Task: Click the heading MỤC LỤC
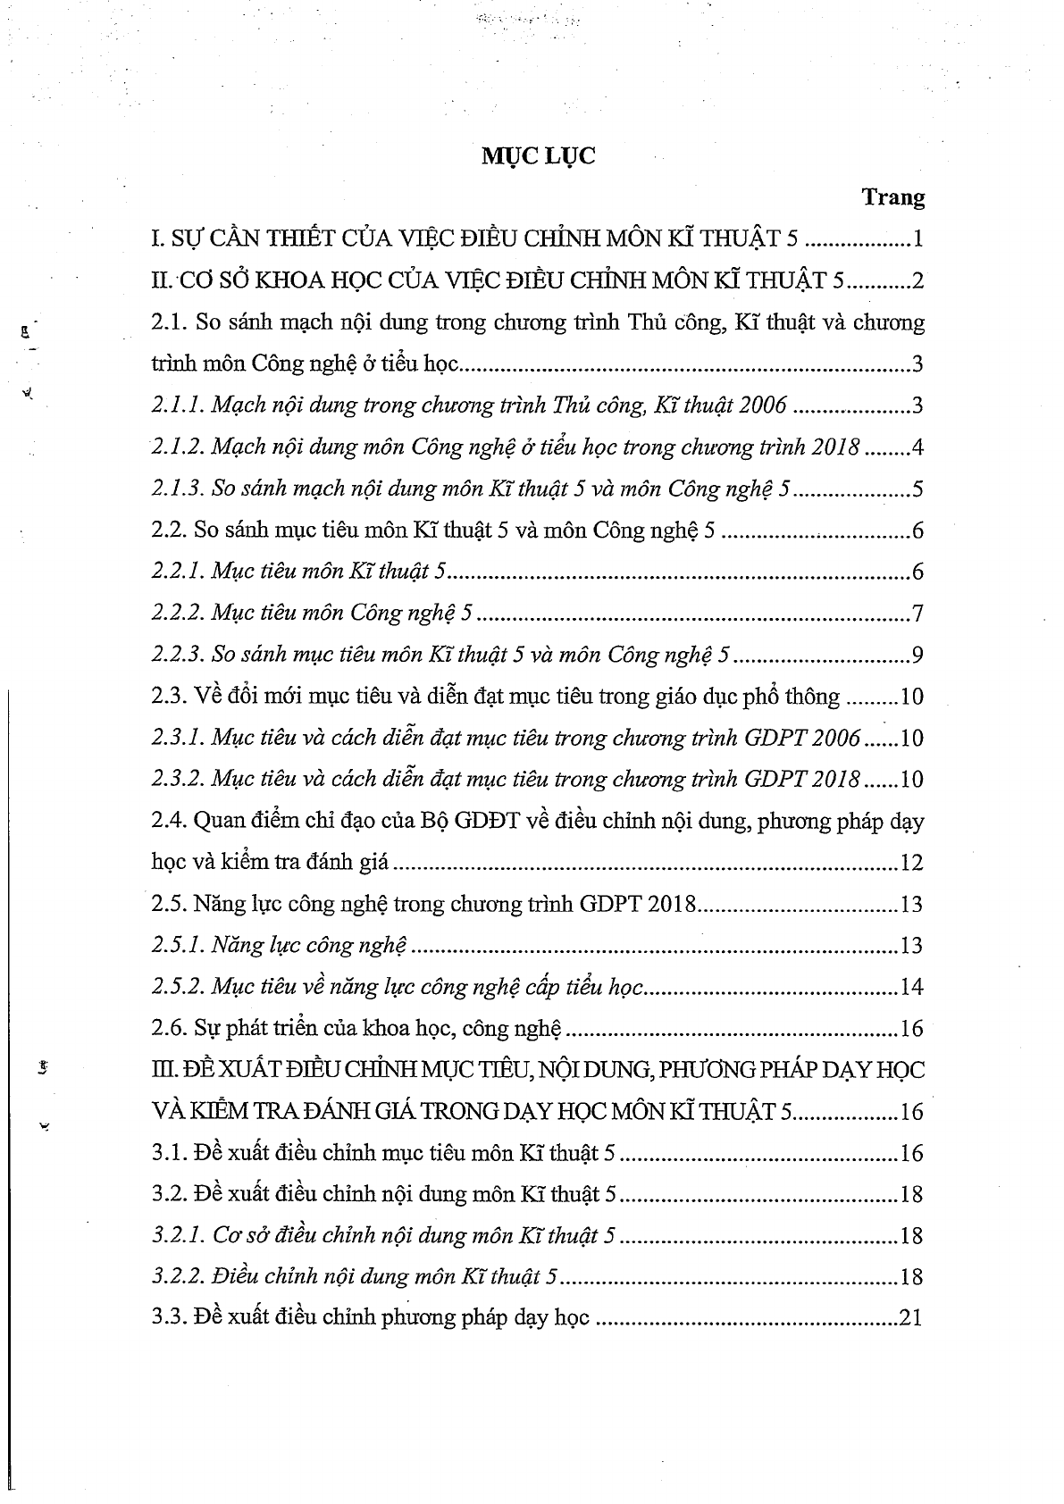coord(539,156)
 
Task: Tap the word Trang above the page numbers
coord(893,198)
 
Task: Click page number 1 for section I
coord(917,240)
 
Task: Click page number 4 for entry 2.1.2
coord(917,447)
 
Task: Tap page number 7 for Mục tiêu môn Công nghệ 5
coord(917,614)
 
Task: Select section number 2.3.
coord(168,697)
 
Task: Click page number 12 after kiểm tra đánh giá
coord(911,863)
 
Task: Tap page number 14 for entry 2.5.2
coord(911,987)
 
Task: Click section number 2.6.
coord(168,1029)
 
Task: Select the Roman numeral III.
coord(164,1070)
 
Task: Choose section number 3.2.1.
coord(178,1236)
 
